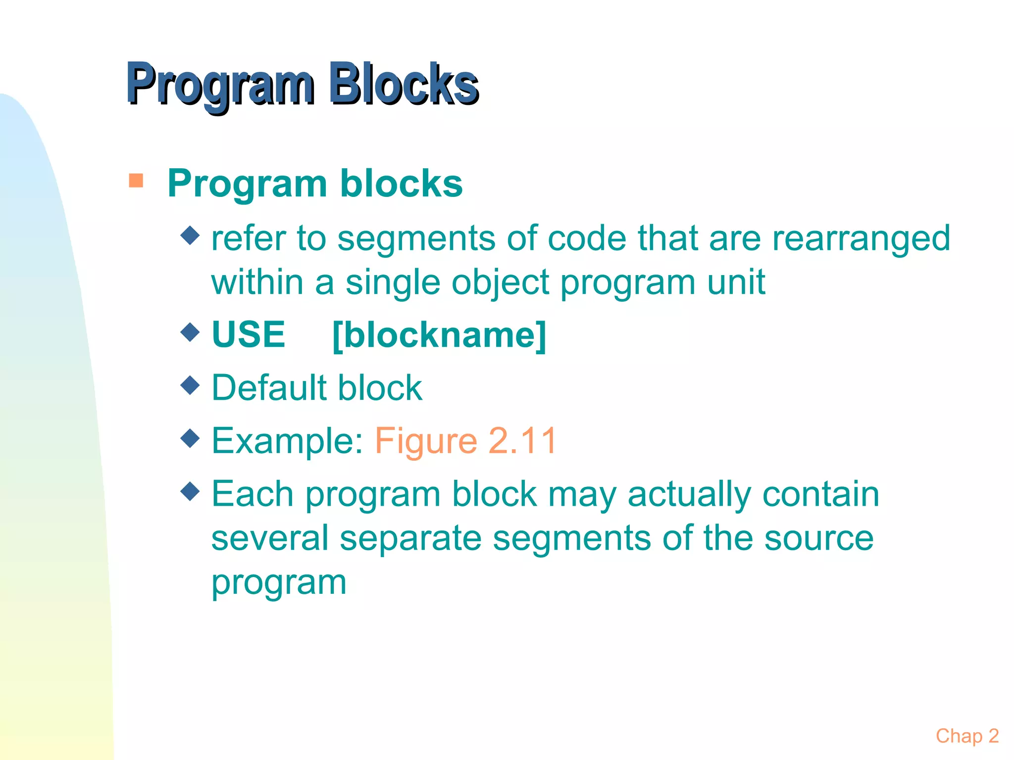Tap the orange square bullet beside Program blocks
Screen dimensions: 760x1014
coord(136,181)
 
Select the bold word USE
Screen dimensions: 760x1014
coord(249,335)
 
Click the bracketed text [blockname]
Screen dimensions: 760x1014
coord(439,335)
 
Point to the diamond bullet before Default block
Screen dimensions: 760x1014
coord(190,384)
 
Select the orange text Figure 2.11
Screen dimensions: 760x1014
coord(466,440)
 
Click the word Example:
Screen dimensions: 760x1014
coord(288,440)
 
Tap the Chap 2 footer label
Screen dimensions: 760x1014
coord(967,736)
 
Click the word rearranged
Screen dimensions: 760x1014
coord(861,238)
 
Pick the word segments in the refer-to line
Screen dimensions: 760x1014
coord(416,238)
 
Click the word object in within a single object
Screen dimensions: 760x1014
coord(500,283)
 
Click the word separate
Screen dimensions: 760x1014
coord(410,538)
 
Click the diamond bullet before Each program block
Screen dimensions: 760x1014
coord(190,491)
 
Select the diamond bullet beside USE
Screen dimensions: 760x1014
coord(190,332)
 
